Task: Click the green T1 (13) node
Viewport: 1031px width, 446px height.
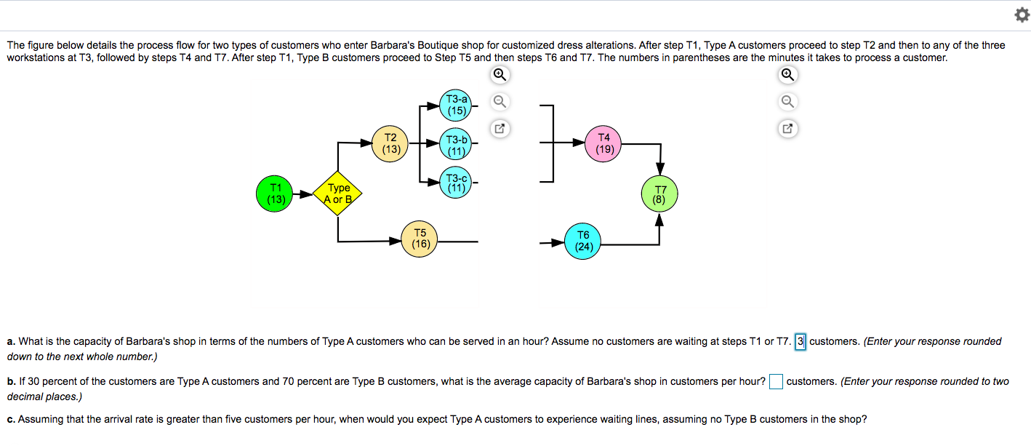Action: [x=275, y=193]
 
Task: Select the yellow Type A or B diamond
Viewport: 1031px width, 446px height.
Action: [x=338, y=194]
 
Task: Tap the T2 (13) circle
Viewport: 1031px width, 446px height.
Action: [x=391, y=143]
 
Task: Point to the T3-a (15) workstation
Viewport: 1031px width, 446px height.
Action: [x=457, y=105]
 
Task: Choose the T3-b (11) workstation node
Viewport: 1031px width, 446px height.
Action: [x=457, y=145]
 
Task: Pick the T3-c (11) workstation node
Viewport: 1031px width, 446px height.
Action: [x=457, y=183]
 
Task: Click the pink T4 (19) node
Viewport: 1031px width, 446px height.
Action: [x=604, y=143]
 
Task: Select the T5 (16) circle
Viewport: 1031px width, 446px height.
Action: [x=420, y=239]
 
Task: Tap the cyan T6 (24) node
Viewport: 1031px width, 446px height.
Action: [x=583, y=241]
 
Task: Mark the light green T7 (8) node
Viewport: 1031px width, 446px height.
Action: [x=659, y=194]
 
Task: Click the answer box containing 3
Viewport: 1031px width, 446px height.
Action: [x=801, y=342]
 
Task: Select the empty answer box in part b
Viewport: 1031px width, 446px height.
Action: [x=776, y=382]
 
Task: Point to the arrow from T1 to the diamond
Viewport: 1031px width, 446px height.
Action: [x=303, y=194]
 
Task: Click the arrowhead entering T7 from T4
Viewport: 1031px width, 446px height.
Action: [x=659, y=170]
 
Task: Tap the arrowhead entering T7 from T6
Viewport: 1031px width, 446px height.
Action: [x=659, y=220]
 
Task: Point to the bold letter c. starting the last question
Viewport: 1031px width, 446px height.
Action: [x=11, y=420]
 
